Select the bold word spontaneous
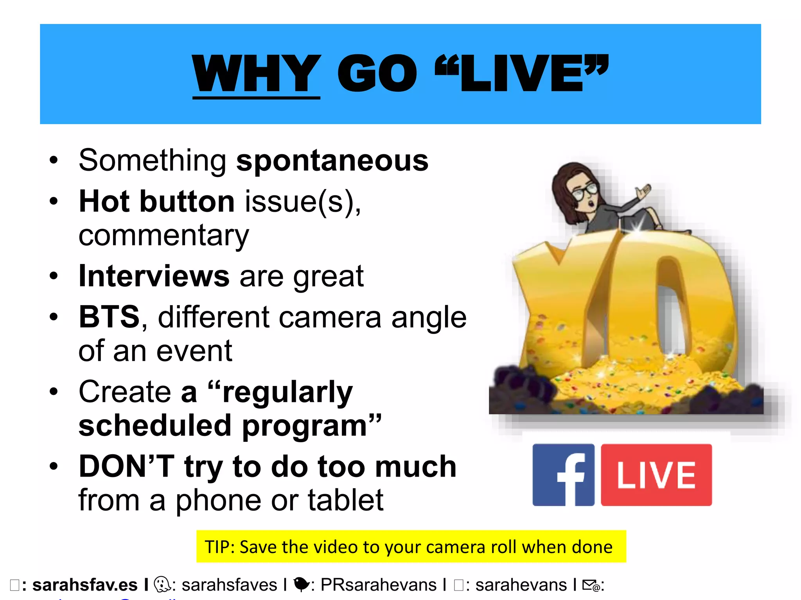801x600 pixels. point(332,161)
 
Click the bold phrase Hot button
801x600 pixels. point(157,202)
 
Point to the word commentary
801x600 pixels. point(163,236)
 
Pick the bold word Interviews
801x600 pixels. point(154,276)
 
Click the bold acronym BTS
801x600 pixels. point(109,317)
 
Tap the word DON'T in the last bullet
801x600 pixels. point(126,466)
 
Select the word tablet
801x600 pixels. point(345,500)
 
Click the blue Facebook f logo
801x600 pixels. point(564,475)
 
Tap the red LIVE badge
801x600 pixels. point(656,475)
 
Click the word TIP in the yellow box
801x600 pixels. point(219,547)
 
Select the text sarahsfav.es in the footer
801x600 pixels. point(85,585)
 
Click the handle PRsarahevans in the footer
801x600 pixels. point(378,585)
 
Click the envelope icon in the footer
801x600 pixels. point(591,585)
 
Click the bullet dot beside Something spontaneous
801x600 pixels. point(54,161)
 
